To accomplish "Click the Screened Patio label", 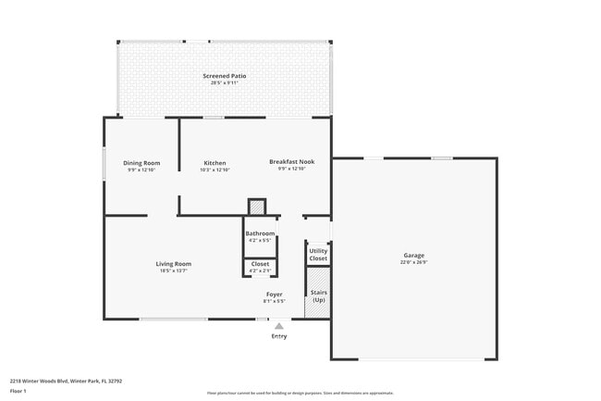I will click(x=224, y=76).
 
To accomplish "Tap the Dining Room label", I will click(x=141, y=163).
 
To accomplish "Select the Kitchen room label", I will click(x=215, y=163).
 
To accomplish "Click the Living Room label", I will click(x=174, y=264).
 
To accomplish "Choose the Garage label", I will click(x=413, y=255).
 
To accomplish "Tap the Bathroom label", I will click(x=260, y=233).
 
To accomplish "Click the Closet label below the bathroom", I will click(x=260, y=264).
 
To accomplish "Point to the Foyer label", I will click(x=275, y=294).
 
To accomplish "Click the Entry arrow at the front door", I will click(x=278, y=326).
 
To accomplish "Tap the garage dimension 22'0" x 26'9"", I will click(x=413, y=262).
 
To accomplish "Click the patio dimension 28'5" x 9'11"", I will click(x=224, y=83).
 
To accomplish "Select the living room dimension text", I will click(x=174, y=271).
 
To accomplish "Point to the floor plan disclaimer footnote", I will click(x=300, y=393).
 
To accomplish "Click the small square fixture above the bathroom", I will click(x=257, y=207).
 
